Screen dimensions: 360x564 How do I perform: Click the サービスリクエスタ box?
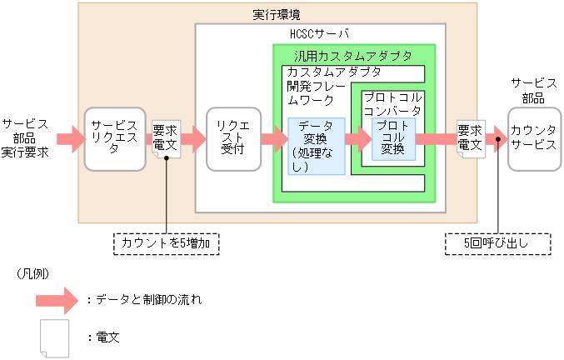point(115,138)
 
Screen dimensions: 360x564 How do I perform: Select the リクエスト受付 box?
point(227,138)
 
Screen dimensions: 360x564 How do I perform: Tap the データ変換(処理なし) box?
point(317,146)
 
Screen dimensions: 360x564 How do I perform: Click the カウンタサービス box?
point(534,138)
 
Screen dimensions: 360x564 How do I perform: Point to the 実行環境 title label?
point(277,15)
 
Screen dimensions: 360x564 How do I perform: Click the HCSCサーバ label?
point(319,34)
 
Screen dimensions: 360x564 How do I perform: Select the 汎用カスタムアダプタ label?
point(353,56)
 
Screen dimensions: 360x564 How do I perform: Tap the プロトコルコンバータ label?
point(392,104)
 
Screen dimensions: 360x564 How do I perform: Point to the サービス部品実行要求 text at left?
point(25,138)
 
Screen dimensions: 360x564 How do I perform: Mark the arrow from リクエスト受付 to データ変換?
point(274,138)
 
